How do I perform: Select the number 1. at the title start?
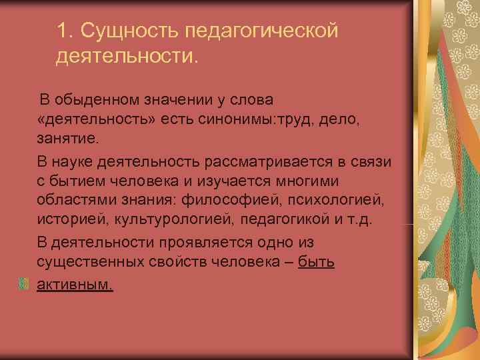[65, 31]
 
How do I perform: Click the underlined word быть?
[317, 263]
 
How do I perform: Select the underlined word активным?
[75, 284]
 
